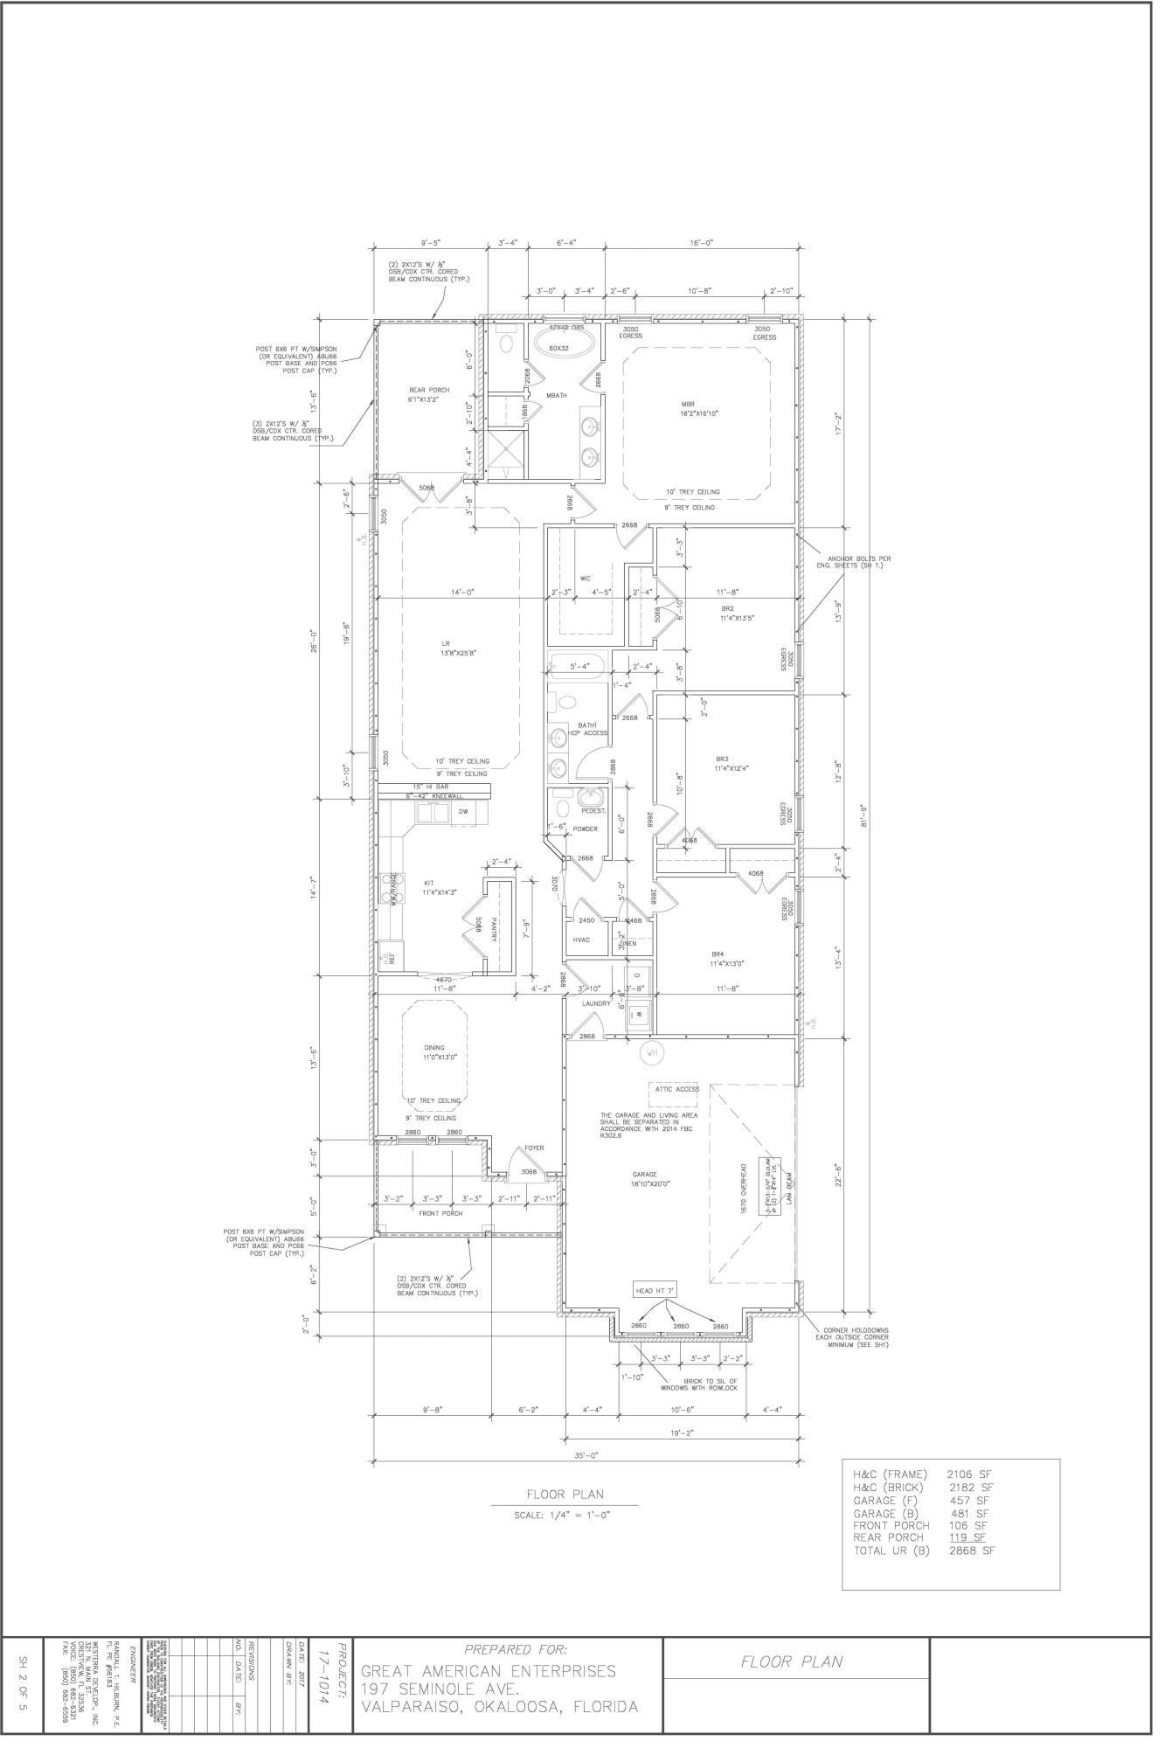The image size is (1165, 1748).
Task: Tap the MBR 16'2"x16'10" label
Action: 699,409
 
